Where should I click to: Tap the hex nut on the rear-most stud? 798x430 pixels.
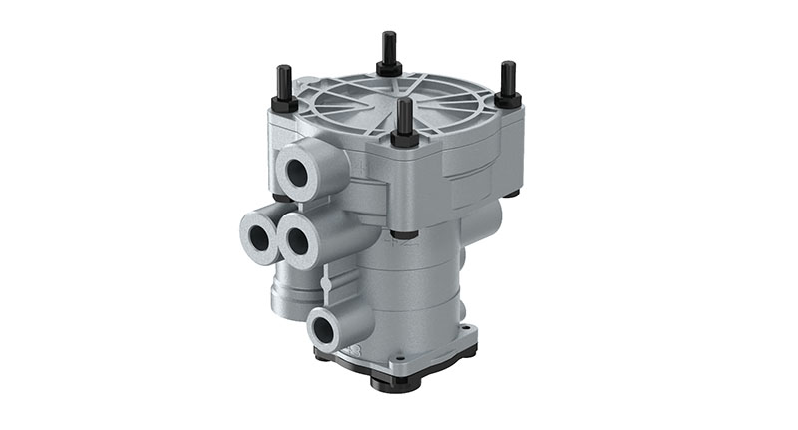[387, 68]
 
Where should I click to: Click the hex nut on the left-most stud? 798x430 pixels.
[283, 102]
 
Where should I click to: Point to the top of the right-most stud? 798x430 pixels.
[508, 65]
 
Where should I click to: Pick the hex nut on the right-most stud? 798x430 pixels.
[508, 99]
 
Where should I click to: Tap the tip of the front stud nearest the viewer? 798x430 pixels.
[404, 101]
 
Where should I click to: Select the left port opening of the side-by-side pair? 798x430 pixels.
[258, 236]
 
